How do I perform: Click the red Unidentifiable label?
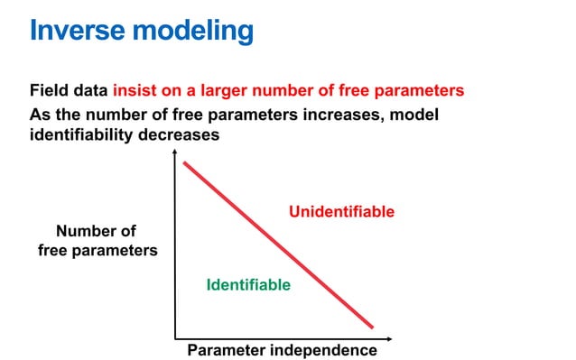coord(341,212)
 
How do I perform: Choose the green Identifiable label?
coord(248,285)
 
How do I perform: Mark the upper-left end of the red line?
coord(184,163)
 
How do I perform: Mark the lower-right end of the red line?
coord(372,326)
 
